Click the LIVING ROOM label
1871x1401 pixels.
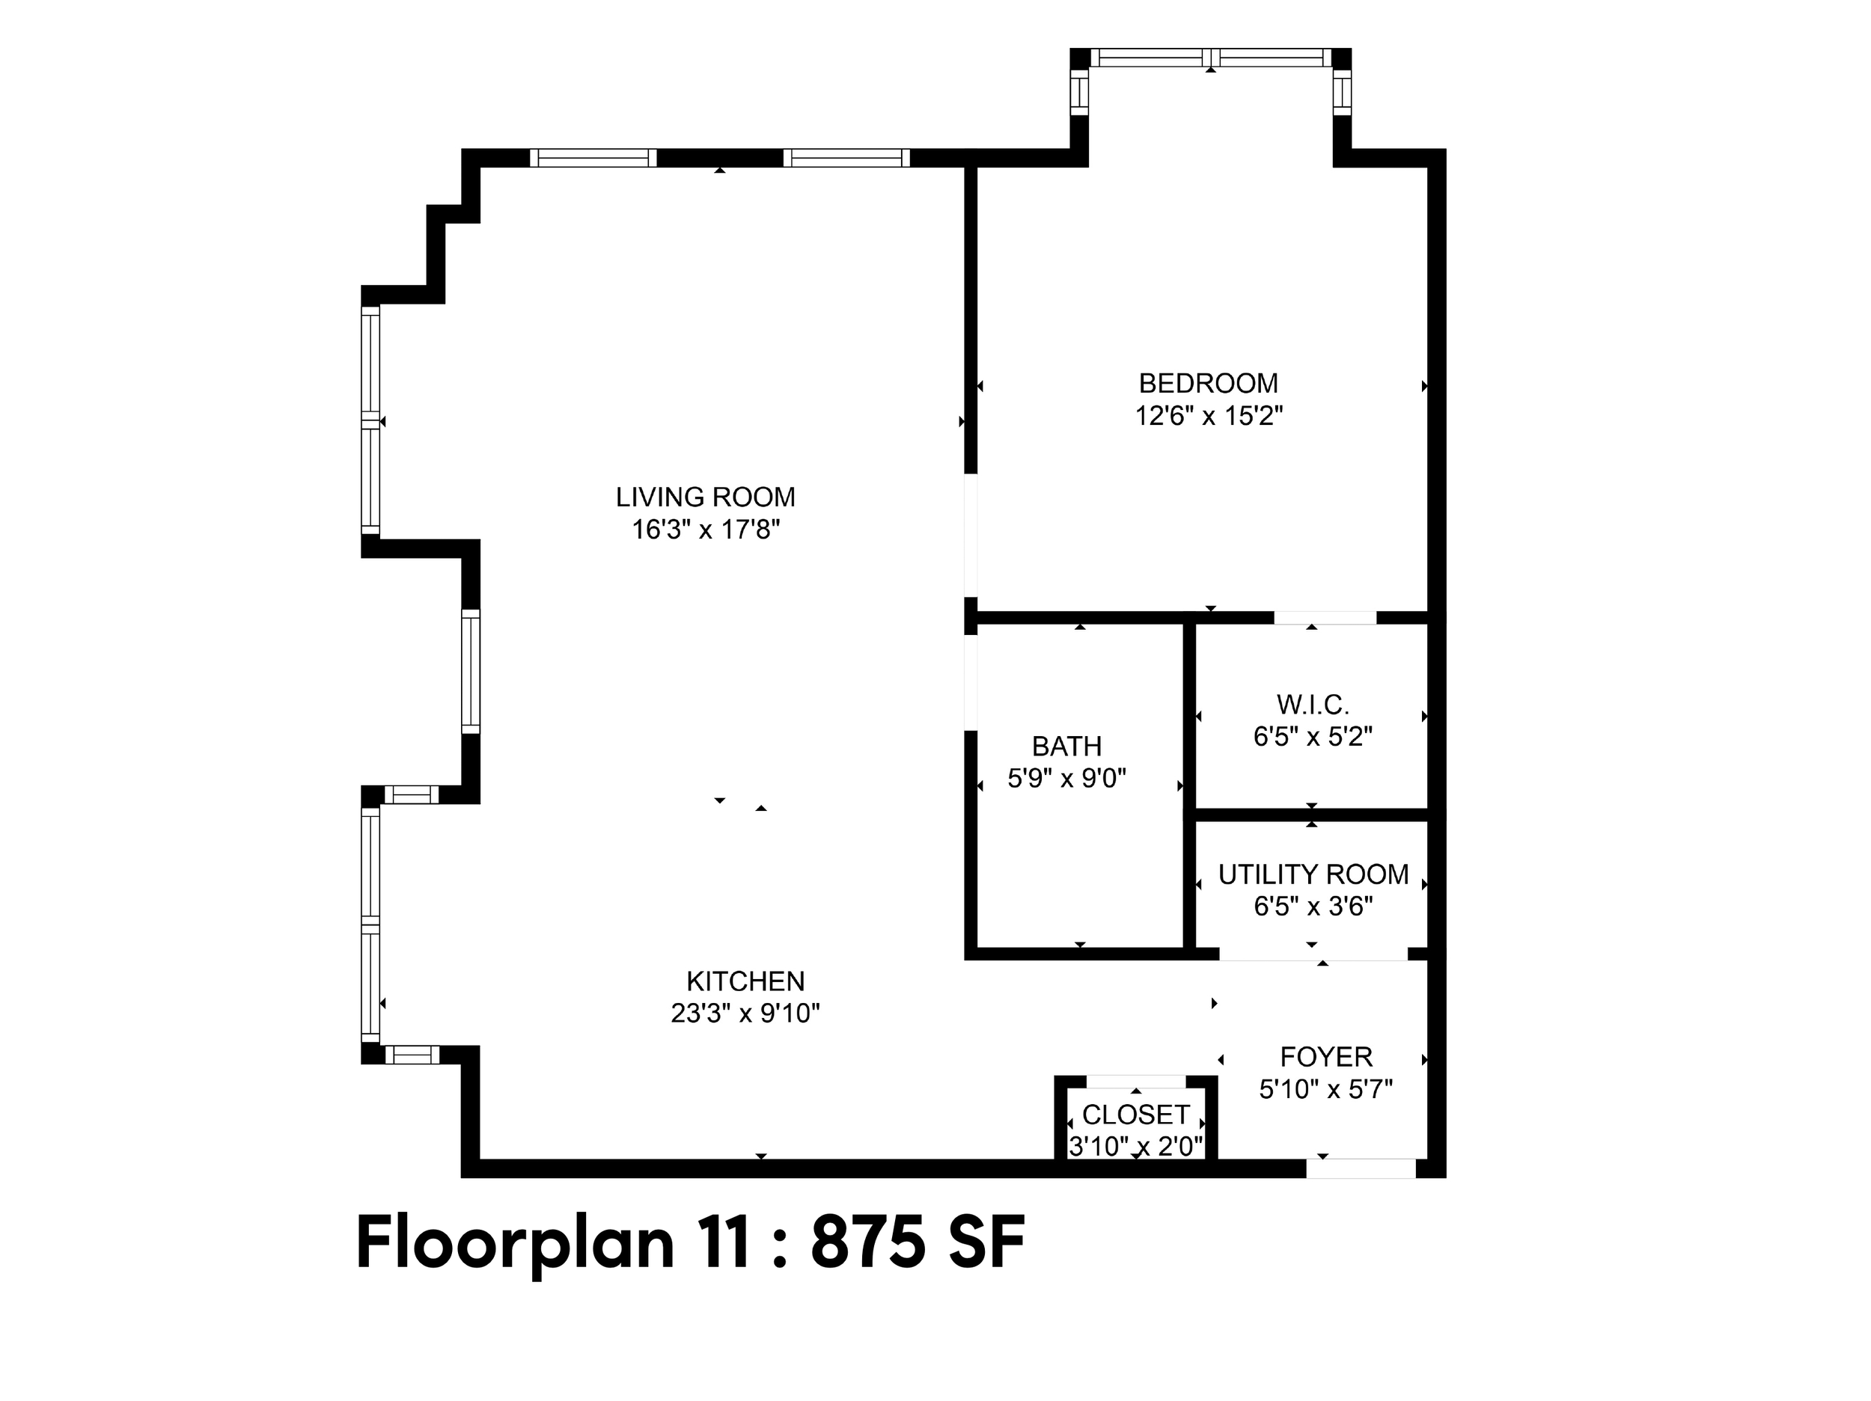click(x=706, y=497)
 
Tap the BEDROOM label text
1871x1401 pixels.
click(x=1208, y=384)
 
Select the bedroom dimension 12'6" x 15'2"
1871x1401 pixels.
click(x=1209, y=417)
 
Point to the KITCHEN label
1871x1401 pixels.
click(x=745, y=981)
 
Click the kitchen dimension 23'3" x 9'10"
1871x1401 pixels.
click(x=745, y=1013)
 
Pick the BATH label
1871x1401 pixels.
click(x=1066, y=747)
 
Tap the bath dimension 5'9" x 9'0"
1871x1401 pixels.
click(x=1066, y=778)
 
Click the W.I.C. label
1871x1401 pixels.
click(x=1313, y=705)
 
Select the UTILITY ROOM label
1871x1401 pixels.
click(x=1313, y=874)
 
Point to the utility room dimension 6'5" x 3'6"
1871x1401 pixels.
click(x=1313, y=907)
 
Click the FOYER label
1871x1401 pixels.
click(x=1325, y=1057)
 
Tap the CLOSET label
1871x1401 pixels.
click(x=1136, y=1115)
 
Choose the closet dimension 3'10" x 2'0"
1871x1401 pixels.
click(x=1136, y=1147)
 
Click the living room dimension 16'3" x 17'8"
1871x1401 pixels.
click(x=706, y=530)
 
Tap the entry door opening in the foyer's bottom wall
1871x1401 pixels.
click(x=1361, y=1168)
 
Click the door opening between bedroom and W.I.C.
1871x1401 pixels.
click(x=1325, y=617)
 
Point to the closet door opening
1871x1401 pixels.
click(x=1136, y=1082)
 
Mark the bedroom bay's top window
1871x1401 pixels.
click(x=1210, y=58)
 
